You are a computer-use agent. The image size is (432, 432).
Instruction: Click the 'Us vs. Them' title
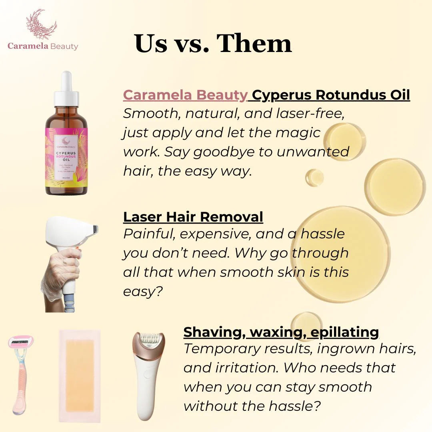213,43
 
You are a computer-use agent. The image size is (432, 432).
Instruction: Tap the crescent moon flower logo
42,25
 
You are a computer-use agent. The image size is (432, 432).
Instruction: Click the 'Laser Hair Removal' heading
193,216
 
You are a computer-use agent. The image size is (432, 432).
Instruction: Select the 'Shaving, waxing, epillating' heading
281,332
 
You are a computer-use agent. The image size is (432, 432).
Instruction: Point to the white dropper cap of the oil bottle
66,90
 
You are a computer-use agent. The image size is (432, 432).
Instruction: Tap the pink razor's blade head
21,342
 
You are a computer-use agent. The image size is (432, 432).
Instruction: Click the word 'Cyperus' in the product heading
282,95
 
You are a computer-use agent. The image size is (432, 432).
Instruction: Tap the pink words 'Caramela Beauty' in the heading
185,95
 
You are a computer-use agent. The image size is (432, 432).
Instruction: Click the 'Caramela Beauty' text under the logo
43,46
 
